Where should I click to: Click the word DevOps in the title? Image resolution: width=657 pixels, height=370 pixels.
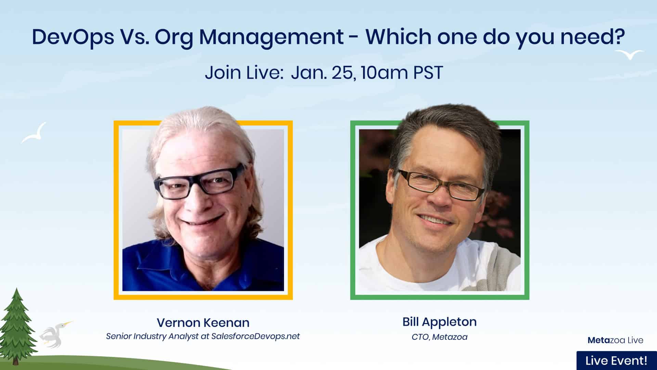(x=73, y=37)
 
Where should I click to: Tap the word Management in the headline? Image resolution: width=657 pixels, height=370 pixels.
(x=272, y=37)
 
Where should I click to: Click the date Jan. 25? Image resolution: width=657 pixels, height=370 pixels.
(x=322, y=73)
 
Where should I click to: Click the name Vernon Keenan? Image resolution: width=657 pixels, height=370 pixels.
(x=203, y=323)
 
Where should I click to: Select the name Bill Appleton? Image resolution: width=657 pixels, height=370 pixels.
(x=439, y=322)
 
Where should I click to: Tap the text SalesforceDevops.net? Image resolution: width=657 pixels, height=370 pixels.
(x=255, y=336)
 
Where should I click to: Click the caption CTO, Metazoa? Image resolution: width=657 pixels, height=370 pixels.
(x=439, y=337)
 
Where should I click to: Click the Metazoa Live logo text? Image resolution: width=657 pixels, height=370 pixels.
(x=615, y=340)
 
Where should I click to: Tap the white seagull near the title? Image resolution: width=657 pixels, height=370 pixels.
(x=629, y=54)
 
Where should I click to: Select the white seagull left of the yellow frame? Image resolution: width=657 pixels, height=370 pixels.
(x=34, y=134)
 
